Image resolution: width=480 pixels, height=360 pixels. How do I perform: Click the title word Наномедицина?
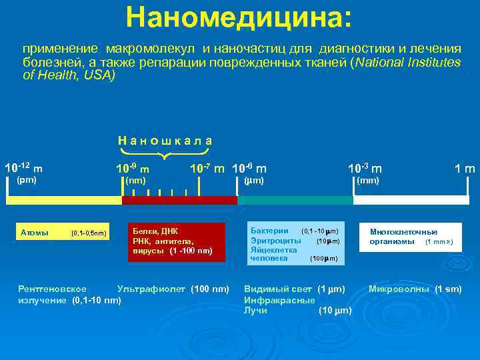point(239,18)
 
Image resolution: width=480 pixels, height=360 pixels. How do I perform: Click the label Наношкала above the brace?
point(165,140)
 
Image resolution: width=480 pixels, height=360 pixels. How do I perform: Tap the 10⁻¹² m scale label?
point(23,167)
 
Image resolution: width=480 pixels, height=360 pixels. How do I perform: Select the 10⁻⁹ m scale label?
point(132,168)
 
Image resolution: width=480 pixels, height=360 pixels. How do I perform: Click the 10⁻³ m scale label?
point(365,168)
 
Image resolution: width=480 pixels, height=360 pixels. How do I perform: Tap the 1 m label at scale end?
point(464,169)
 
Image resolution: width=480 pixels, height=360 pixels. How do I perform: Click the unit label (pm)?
point(27,180)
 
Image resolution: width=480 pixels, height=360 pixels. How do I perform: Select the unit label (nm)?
point(135,180)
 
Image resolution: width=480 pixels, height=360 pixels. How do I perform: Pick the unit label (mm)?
point(367,180)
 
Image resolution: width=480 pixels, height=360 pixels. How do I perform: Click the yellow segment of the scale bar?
point(64,200)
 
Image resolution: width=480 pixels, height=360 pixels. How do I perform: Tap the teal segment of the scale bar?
point(295,200)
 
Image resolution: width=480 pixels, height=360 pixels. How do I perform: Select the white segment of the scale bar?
point(411,200)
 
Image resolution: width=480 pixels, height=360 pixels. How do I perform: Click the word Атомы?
point(35,233)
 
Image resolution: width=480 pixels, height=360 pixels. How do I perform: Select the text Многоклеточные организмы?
point(403,236)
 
